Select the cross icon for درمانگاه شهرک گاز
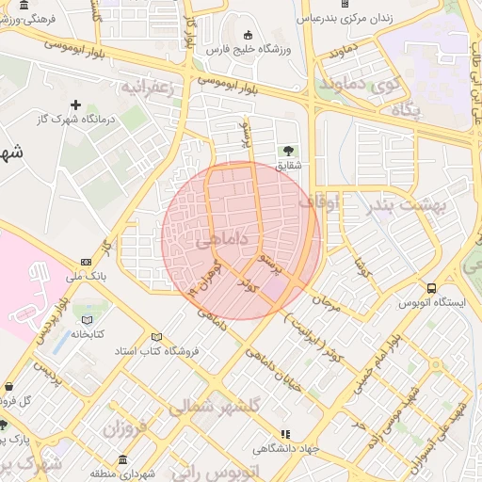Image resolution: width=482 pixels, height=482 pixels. (77, 104)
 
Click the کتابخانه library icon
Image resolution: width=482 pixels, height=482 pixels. (88, 319)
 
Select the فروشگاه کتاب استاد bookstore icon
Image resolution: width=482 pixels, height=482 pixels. (156, 337)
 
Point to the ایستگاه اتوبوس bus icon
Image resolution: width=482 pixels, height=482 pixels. (431, 288)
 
